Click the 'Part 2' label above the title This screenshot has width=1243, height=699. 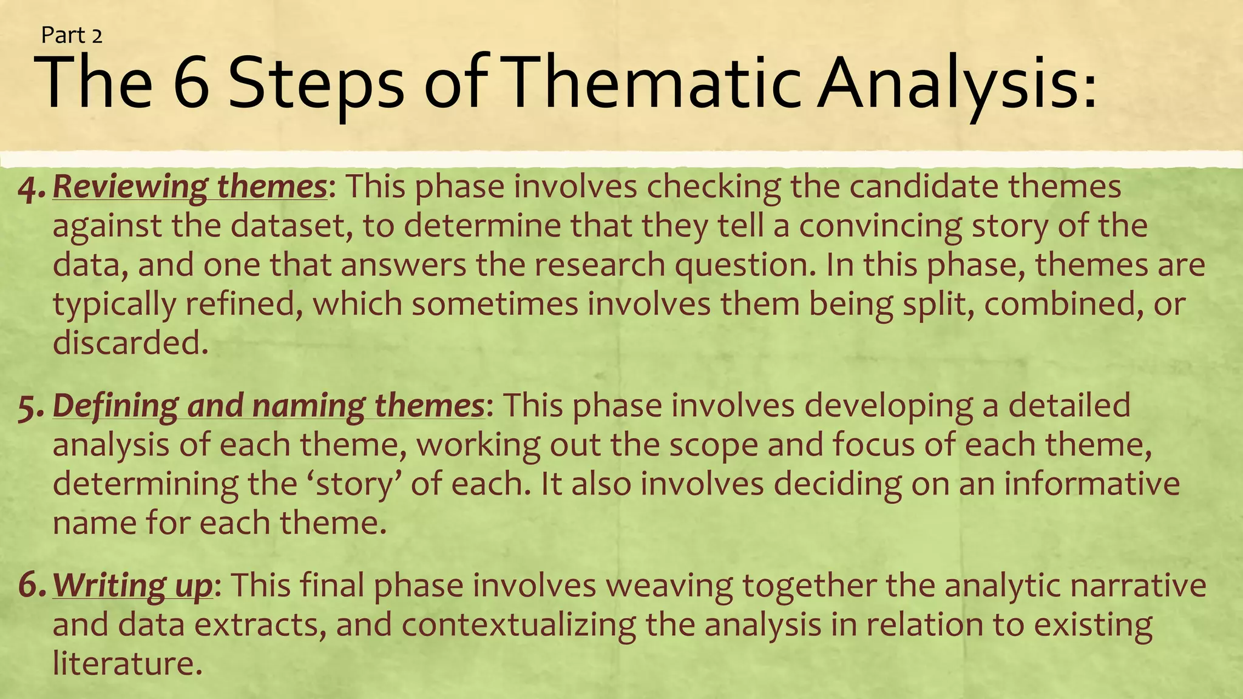pos(72,36)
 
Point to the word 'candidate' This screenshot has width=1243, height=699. pos(923,186)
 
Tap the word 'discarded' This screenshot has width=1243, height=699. pos(126,343)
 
